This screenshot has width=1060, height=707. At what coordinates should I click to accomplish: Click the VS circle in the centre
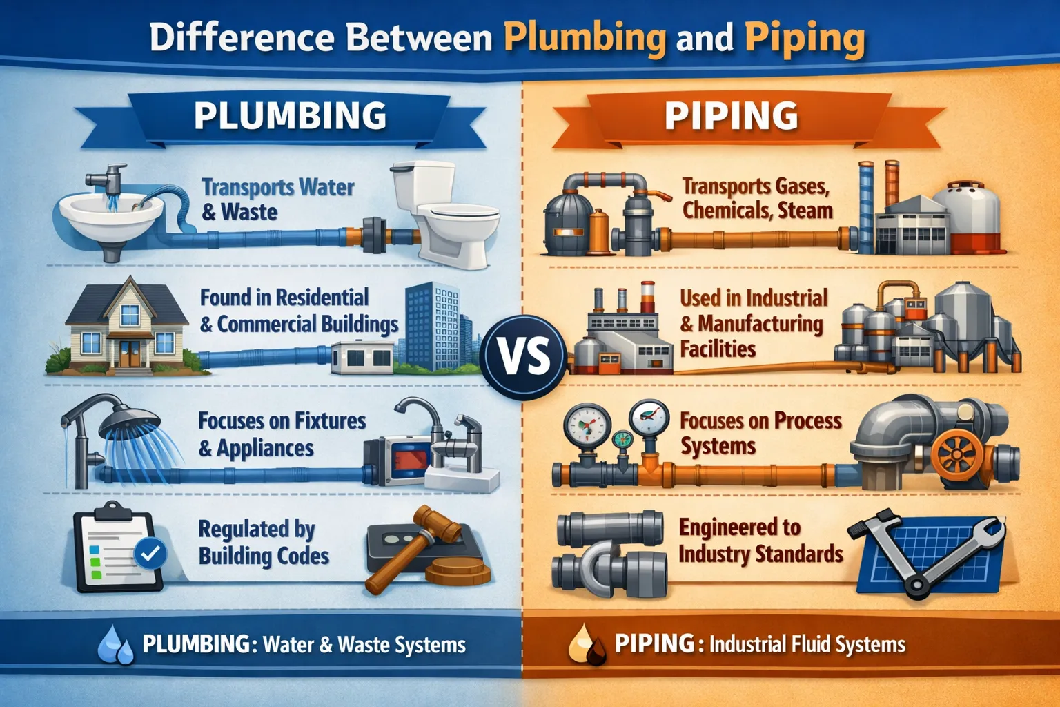[x=524, y=356]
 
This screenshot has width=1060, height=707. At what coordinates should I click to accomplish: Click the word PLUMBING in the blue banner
[x=290, y=115]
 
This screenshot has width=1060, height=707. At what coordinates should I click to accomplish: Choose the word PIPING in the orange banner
[x=732, y=115]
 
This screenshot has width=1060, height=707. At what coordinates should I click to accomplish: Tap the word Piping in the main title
[x=804, y=38]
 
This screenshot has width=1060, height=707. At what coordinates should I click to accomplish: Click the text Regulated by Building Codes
[x=263, y=543]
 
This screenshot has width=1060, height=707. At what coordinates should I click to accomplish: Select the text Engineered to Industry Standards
[x=760, y=541]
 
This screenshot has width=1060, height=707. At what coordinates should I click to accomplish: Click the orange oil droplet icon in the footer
[x=585, y=646]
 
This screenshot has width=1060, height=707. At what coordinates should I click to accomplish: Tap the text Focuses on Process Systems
[x=760, y=433]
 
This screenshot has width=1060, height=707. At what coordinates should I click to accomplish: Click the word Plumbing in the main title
[x=585, y=38]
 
